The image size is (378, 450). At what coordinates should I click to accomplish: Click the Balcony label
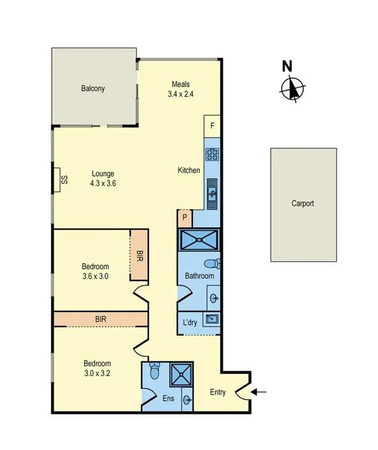coord(93,89)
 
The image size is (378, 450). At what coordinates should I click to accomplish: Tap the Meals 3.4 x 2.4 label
coord(181,89)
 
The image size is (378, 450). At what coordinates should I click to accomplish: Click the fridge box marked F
coord(213,126)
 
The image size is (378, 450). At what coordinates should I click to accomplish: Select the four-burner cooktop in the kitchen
coord(213,155)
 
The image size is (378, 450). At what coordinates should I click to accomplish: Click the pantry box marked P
coord(185,218)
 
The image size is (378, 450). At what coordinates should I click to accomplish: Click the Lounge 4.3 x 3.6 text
coord(103,179)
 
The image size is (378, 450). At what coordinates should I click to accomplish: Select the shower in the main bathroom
coord(199,240)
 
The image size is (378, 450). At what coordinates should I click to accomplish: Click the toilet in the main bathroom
coord(211,264)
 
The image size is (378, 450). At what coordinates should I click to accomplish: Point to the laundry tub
coord(212,320)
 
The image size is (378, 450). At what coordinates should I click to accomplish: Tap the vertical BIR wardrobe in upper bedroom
coord(139,255)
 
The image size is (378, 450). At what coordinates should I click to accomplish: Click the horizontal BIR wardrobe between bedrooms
coord(101,319)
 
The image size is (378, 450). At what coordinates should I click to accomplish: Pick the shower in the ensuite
coord(180,374)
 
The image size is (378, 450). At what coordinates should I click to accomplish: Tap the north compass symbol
coord(292,87)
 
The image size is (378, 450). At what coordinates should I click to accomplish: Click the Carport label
coord(302,204)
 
